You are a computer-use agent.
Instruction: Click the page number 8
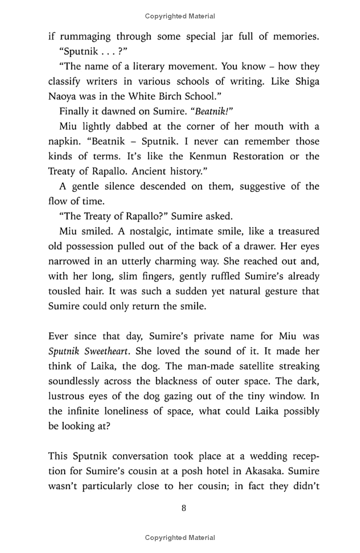click(x=183, y=508)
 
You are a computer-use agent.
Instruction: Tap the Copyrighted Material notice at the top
click(x=180, y=16)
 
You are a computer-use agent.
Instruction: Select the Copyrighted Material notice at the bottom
click(x=180, y=538)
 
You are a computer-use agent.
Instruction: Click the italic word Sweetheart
click(x=110, y=351)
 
